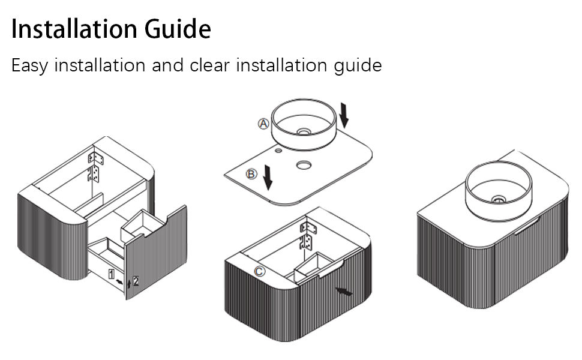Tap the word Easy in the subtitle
click(29, 65)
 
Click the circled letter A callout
click(263, 124)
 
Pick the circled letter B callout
click(252, 175)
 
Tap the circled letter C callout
click(259, 271)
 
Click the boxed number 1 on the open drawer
click(112, 274)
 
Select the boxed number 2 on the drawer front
click(136, 280)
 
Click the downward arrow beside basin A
click(343, 115)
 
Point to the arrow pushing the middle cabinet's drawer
click(344, 292)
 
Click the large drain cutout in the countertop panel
click(304, 164)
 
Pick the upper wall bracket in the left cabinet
click(96, 158)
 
